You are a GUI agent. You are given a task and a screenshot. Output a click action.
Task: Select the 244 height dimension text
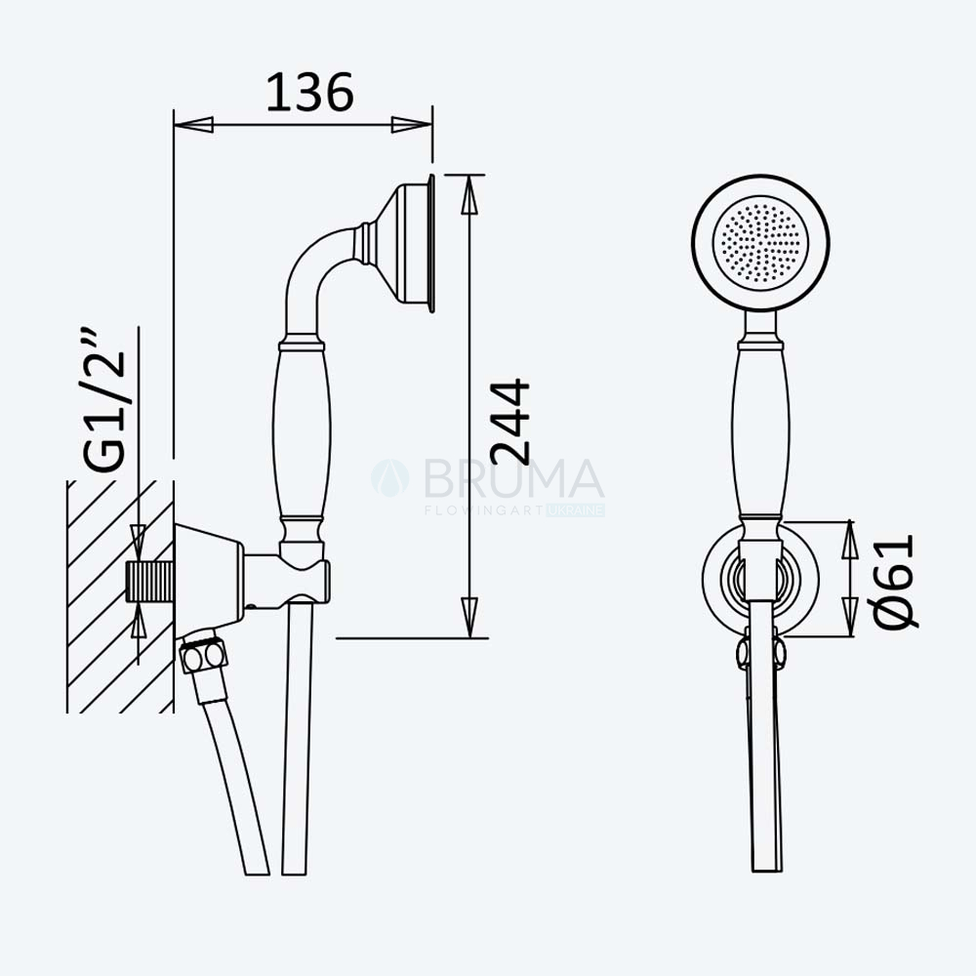point(509,422)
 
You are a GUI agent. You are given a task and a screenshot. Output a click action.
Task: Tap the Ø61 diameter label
point(894,582)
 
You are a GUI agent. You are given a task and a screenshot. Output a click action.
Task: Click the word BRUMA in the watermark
point(514,478)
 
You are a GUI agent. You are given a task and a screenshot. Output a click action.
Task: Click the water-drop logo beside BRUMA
point(390,478)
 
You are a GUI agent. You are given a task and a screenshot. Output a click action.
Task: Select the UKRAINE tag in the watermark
point(576,510)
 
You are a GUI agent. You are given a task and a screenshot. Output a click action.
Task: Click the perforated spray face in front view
point(760,243)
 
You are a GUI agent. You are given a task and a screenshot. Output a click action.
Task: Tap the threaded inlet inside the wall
point(149,581)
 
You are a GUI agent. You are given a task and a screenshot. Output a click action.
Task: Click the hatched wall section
point(120,596)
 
